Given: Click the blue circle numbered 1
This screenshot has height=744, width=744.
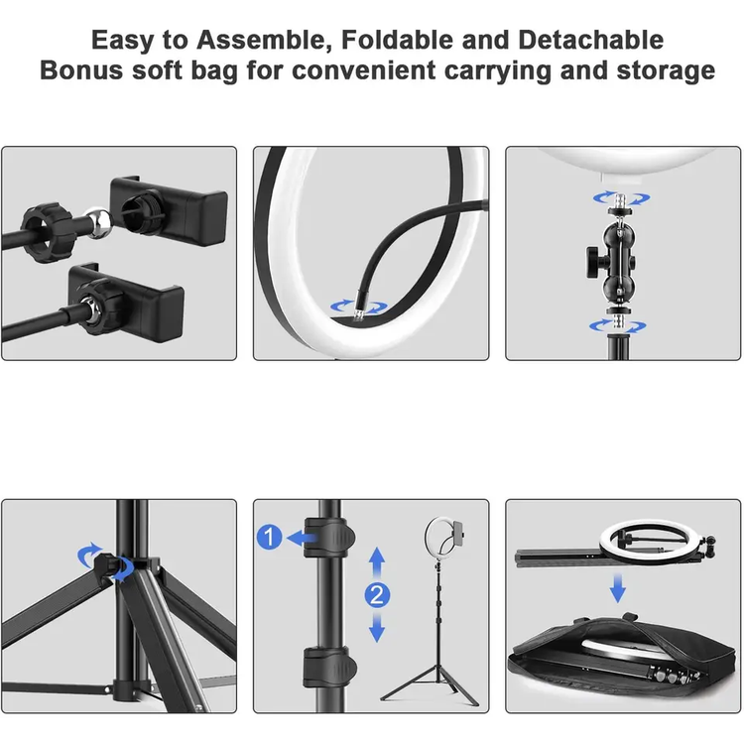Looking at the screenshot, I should pyautogui.click(x=269, y=538).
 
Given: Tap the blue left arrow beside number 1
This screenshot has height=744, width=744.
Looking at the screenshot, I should pyautogui.click(x=299, y=538).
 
